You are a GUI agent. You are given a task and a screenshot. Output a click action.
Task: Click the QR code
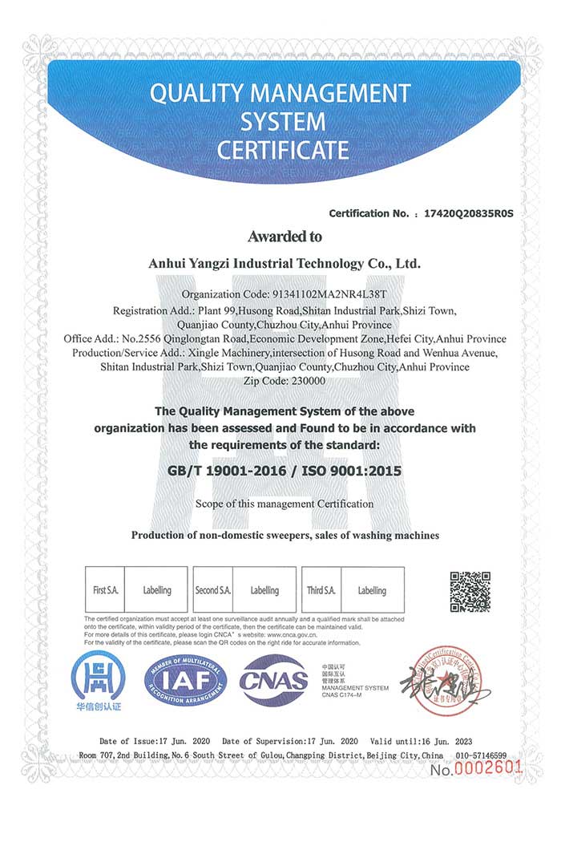[x=470, y=592]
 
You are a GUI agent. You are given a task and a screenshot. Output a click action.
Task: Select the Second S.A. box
[x=213, y=590]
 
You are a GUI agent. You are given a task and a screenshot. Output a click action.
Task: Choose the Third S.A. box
[x=321, y=590]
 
